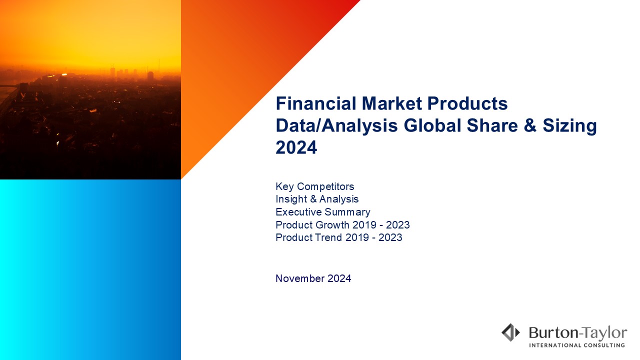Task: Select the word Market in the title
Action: (391, 103)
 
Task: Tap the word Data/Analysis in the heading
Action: (336, 125)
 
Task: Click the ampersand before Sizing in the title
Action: (530, 125)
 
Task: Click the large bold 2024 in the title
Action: (296, 147)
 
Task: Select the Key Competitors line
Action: (315, 186)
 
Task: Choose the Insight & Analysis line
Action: (317, 199)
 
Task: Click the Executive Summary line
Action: (323, 212)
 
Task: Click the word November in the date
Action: (300, 278)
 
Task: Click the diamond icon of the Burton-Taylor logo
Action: (510, 332)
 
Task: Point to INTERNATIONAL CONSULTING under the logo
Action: (577, 345)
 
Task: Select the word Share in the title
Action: (492, 125)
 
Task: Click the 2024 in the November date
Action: (339, 278)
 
